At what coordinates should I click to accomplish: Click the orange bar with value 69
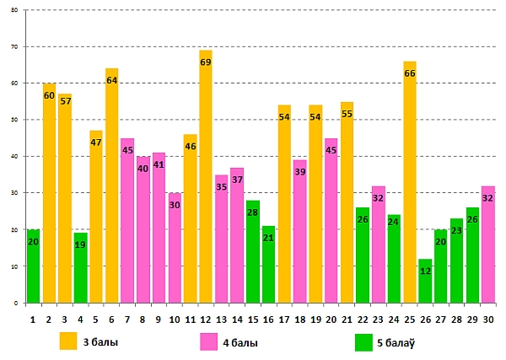[206, 185]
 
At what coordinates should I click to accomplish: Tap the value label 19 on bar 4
[80, 245]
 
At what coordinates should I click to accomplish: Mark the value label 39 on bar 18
[299, 172]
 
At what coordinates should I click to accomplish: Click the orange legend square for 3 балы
[69, 341]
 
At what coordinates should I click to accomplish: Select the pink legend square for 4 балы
[208, 341]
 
